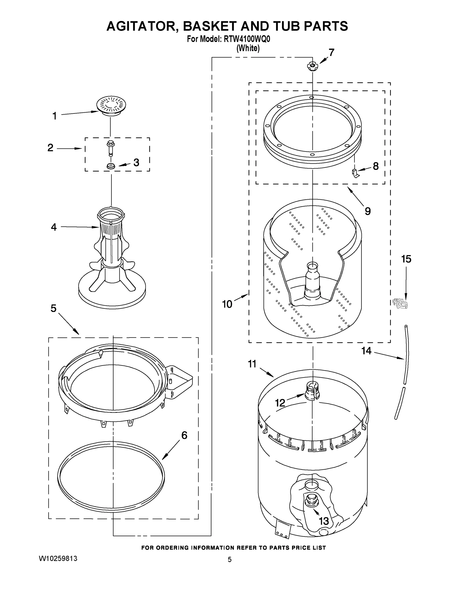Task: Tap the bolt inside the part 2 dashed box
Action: click(x=111, y=148)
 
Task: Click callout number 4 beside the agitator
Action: click(x=54, y=227)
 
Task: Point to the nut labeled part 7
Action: click(x=312, y=66)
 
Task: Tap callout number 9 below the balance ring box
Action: click(x=368, y=211)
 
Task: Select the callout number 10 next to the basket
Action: click(x=227, y=304)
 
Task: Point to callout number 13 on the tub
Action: click(x=324, y=521)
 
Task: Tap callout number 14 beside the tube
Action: click(x=366, y=351)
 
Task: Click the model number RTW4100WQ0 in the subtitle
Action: click(x=247, y=39)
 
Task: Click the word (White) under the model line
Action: click(x=248, y=48)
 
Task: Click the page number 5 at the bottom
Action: click(x=230, y=560)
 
